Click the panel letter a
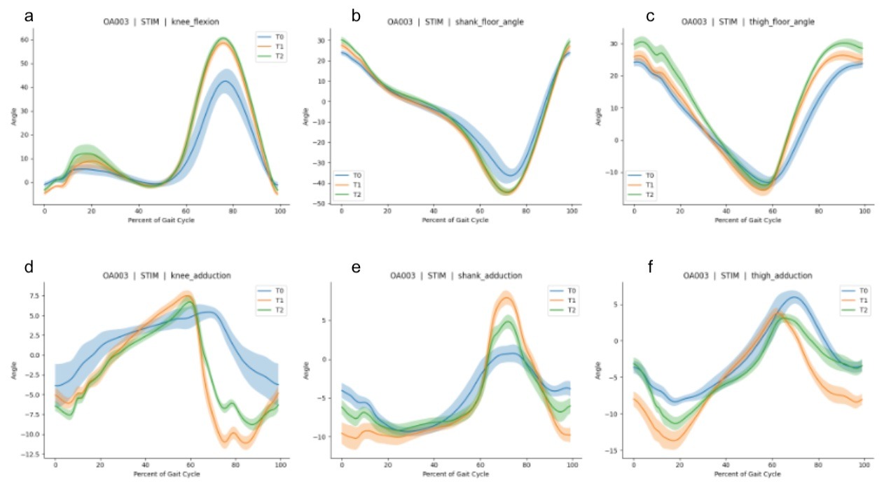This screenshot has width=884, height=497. (29, 15)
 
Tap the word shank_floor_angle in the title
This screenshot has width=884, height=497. (495, 22)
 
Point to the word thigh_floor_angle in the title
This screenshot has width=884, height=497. (785, 22)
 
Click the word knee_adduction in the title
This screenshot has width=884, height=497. (205, 276)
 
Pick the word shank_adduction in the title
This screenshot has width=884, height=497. (498, 276)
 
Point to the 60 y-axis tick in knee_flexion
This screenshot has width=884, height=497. (27, 40)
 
